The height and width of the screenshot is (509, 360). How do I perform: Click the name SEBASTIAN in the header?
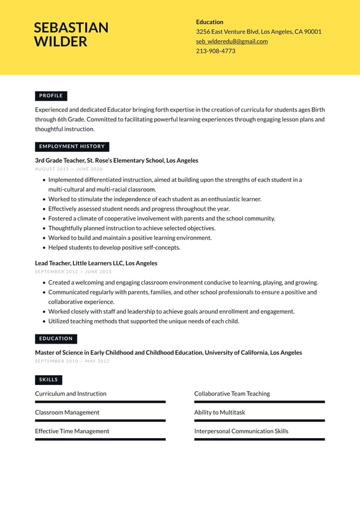pos(71,28)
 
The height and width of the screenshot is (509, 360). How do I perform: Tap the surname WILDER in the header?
pos(60,42)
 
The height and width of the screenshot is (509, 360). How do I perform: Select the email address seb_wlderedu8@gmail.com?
pos(232,41)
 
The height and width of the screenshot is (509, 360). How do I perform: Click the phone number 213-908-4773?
pos(215,51)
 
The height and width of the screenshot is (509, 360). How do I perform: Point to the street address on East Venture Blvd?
pos(258,31)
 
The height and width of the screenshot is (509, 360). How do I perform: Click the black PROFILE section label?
pos(51,96)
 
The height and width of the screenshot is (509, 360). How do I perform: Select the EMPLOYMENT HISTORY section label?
pos(72,147)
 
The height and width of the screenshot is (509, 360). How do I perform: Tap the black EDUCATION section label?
pos(56,339)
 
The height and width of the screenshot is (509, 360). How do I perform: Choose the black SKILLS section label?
pos(49,380)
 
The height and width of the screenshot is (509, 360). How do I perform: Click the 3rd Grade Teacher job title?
pos(117,160)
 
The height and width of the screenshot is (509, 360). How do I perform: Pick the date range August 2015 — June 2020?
pos(68,169)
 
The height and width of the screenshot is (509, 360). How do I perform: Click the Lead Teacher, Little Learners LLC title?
pos(96,263)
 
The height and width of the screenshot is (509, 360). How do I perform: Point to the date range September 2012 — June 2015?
pos(73,271)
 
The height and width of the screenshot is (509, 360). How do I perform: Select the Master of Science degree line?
pos(168,353)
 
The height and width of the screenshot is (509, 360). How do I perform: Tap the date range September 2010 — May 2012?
pos(72,361)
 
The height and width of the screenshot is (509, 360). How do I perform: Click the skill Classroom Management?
pos(67,413)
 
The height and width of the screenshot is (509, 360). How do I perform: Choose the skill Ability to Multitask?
pos(219,413)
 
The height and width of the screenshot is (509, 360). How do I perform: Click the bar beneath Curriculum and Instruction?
pos(100,402)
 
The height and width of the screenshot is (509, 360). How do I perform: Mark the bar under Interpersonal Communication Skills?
pos(259,439)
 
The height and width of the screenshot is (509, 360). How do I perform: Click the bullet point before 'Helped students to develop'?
pos(44,247)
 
